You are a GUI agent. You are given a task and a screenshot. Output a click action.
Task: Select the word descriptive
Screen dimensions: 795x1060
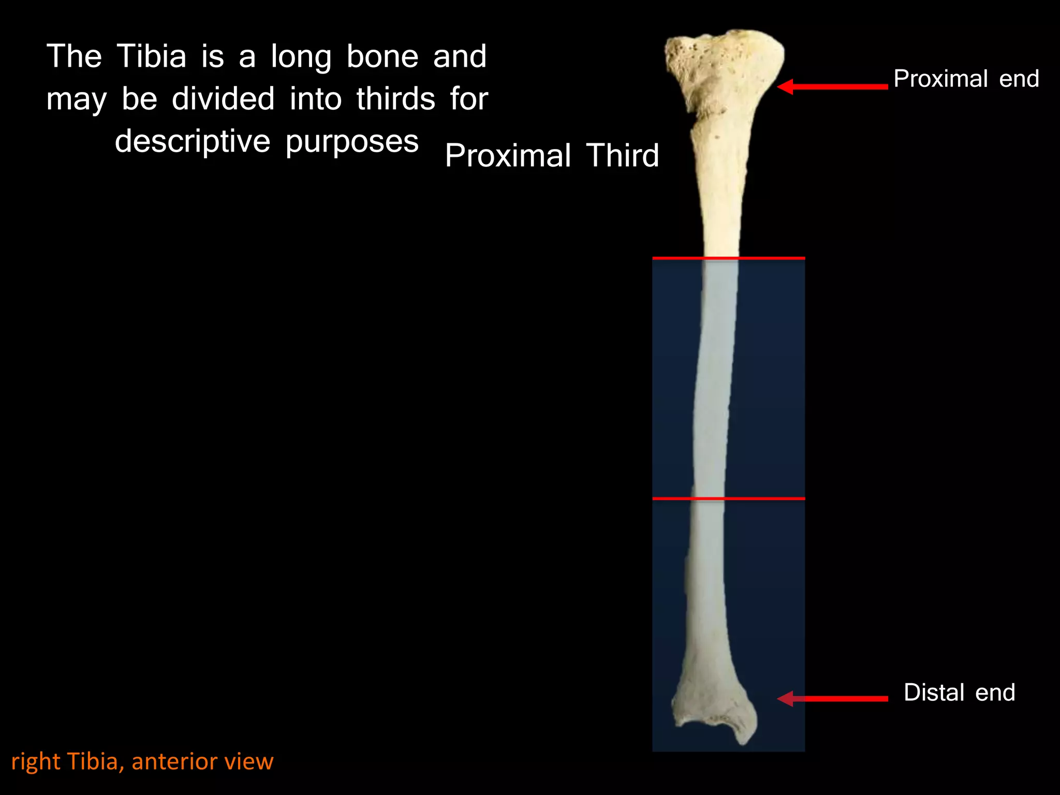tap(193, 141)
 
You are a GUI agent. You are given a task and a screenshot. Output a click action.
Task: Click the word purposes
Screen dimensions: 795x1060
tap(352, 142)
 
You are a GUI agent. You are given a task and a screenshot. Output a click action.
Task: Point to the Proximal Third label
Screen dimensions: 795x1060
tap(552, 155)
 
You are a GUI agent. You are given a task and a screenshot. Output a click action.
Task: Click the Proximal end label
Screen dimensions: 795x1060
tap(966, 79)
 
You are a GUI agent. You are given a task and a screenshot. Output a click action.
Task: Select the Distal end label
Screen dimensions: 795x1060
tap(959, 693)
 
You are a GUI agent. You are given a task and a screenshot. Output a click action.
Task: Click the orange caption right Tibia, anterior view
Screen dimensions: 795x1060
tap(142, 761)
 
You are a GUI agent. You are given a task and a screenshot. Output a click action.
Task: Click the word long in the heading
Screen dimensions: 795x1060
tap(301, 57)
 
